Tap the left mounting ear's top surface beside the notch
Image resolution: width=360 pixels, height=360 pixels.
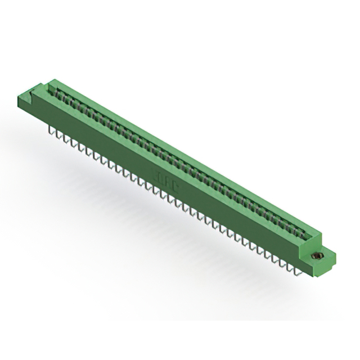(x=29, y=94)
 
